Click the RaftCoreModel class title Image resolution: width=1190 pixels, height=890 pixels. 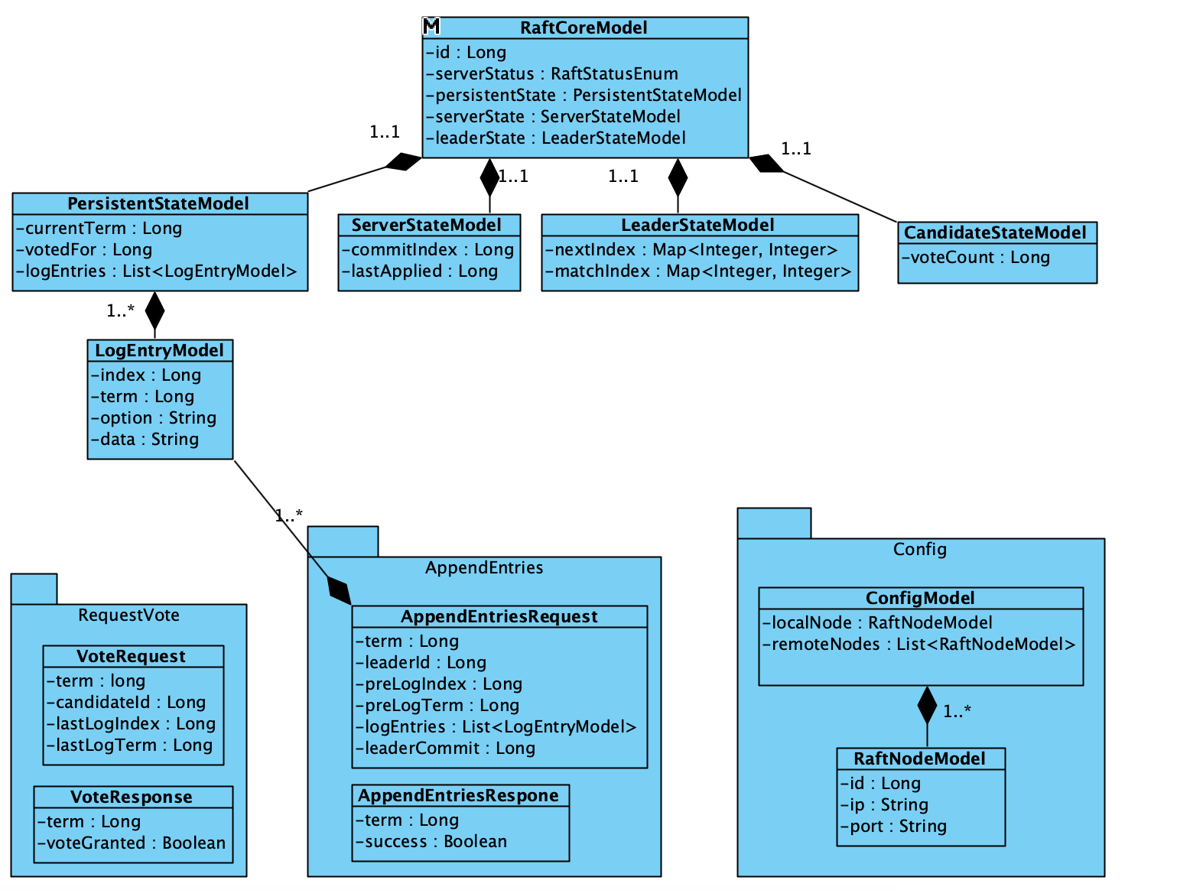coord(584,28)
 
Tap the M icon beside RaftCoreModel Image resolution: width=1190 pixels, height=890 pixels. coord(431,27)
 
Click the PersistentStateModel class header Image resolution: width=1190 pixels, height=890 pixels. coord(158,203)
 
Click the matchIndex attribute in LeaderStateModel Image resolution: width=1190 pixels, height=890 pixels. coord(698,271)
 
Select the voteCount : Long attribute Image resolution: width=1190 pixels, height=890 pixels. coord(976,257)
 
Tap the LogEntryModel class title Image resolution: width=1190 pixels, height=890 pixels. coord(159,350)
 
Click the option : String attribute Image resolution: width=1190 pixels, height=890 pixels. coord(154,417)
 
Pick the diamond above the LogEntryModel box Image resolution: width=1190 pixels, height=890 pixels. coord(155,310)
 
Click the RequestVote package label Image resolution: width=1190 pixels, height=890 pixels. coord(128,615)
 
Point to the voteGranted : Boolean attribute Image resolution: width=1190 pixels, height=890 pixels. coord(132,843)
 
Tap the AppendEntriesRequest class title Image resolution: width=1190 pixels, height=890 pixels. coord(499,616)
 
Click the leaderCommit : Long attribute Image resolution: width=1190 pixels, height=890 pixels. coord(446,748)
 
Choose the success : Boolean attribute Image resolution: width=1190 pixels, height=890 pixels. coord(431,841)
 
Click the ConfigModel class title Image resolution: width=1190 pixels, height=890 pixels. coord(920,598)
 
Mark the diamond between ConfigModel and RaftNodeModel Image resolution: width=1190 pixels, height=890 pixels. coord(927,705)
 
